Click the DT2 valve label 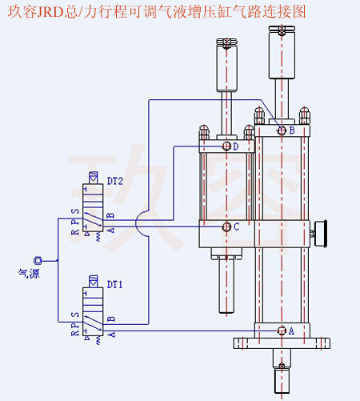[115, 182]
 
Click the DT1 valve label [115, 284]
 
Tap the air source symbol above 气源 [37, 260]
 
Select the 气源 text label [29, 274]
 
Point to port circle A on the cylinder [281, 331]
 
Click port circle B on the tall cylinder [281, 130]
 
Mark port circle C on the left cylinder [226, 227]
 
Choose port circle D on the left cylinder [226, 146]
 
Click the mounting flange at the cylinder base [282, 344]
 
